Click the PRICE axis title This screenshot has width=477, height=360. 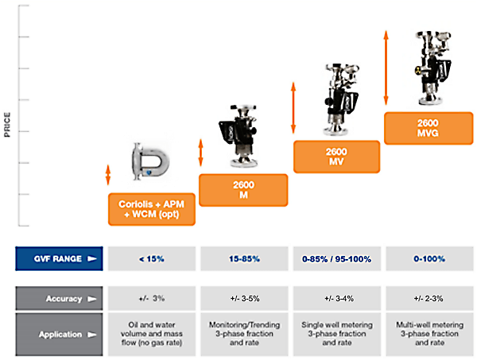click(x=7, y=125)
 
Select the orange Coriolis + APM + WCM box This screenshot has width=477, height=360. click(x=152, y=209)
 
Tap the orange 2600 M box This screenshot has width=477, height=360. click(x=243, y=190)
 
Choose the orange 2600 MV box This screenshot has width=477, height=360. click(x=336, y=157)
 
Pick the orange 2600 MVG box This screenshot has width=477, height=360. click(x=429, y=128)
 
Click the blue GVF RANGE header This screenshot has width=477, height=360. click(x=59, y=259)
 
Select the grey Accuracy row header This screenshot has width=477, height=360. click(x=59, y=299)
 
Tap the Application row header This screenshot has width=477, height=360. click(x=59, y=334)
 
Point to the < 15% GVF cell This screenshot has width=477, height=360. click(x=152, y=259)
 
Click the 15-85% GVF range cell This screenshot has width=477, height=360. click(x=244, y=259)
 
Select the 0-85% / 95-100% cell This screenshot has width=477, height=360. click(x=337, y=259)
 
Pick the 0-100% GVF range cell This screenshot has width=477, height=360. click(x=429, y=259)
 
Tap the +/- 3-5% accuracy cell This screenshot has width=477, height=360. click(x=244, y=299)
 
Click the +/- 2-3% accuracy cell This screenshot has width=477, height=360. click(x=429, y=299)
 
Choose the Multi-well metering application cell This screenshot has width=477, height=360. click(x=429, y=334)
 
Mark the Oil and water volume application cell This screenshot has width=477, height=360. click(x=152, y=334)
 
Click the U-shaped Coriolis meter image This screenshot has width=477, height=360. click(x=150, y=161)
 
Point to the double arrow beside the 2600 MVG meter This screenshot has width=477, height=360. click(x=386, y=68)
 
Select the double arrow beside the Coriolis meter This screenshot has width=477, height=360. click(x=107, y=175)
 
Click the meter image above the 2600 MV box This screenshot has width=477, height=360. click(x=341, y=99)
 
